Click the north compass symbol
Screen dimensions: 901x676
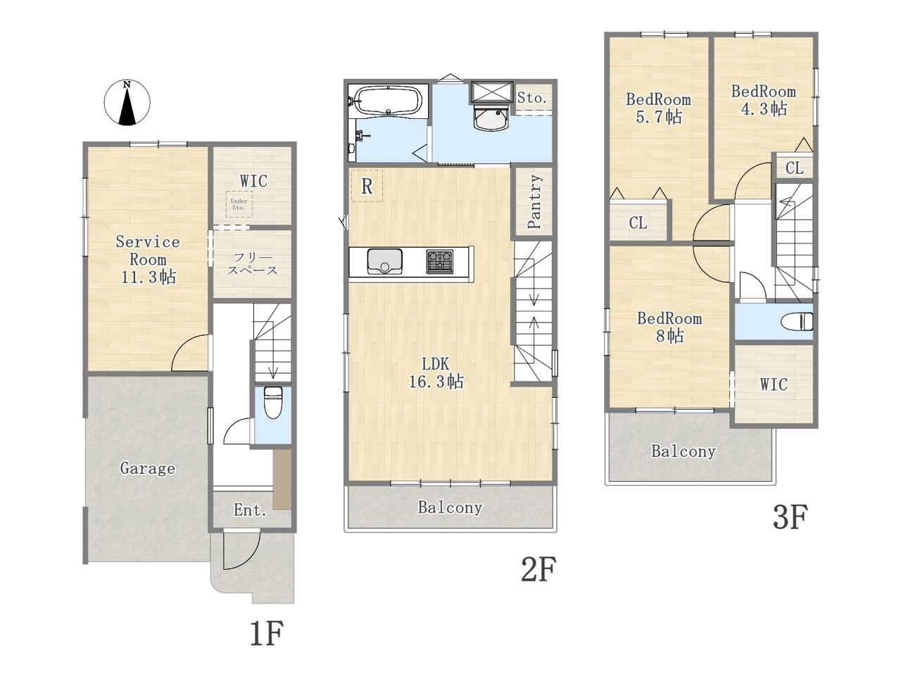coord(127,102)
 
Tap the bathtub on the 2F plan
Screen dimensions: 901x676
coord(388,101)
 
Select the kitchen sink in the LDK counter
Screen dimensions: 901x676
coord(384,261)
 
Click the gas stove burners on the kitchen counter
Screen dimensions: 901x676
coord(440,261)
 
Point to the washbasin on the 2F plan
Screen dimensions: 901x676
coord(491,118)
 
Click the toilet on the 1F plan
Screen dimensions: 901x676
coord(272,402)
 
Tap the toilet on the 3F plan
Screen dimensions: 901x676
coord(797,321)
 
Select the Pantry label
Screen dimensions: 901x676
coord(534,201)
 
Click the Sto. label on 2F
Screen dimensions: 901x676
coord(532,98)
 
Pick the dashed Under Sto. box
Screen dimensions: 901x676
coord(239,204)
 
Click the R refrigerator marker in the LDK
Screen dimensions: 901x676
coord(367,187)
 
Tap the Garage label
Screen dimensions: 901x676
coord(147,468)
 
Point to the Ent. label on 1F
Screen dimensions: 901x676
coord(251,511)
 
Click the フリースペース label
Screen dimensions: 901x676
coord(252,264)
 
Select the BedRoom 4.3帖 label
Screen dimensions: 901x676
coord(764,100)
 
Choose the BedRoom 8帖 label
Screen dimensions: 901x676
coord(669,327)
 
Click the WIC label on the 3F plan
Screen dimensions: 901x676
coord(774,384)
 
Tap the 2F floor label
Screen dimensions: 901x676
coord(539,569)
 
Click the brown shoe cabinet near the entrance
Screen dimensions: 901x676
coord(282,480)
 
